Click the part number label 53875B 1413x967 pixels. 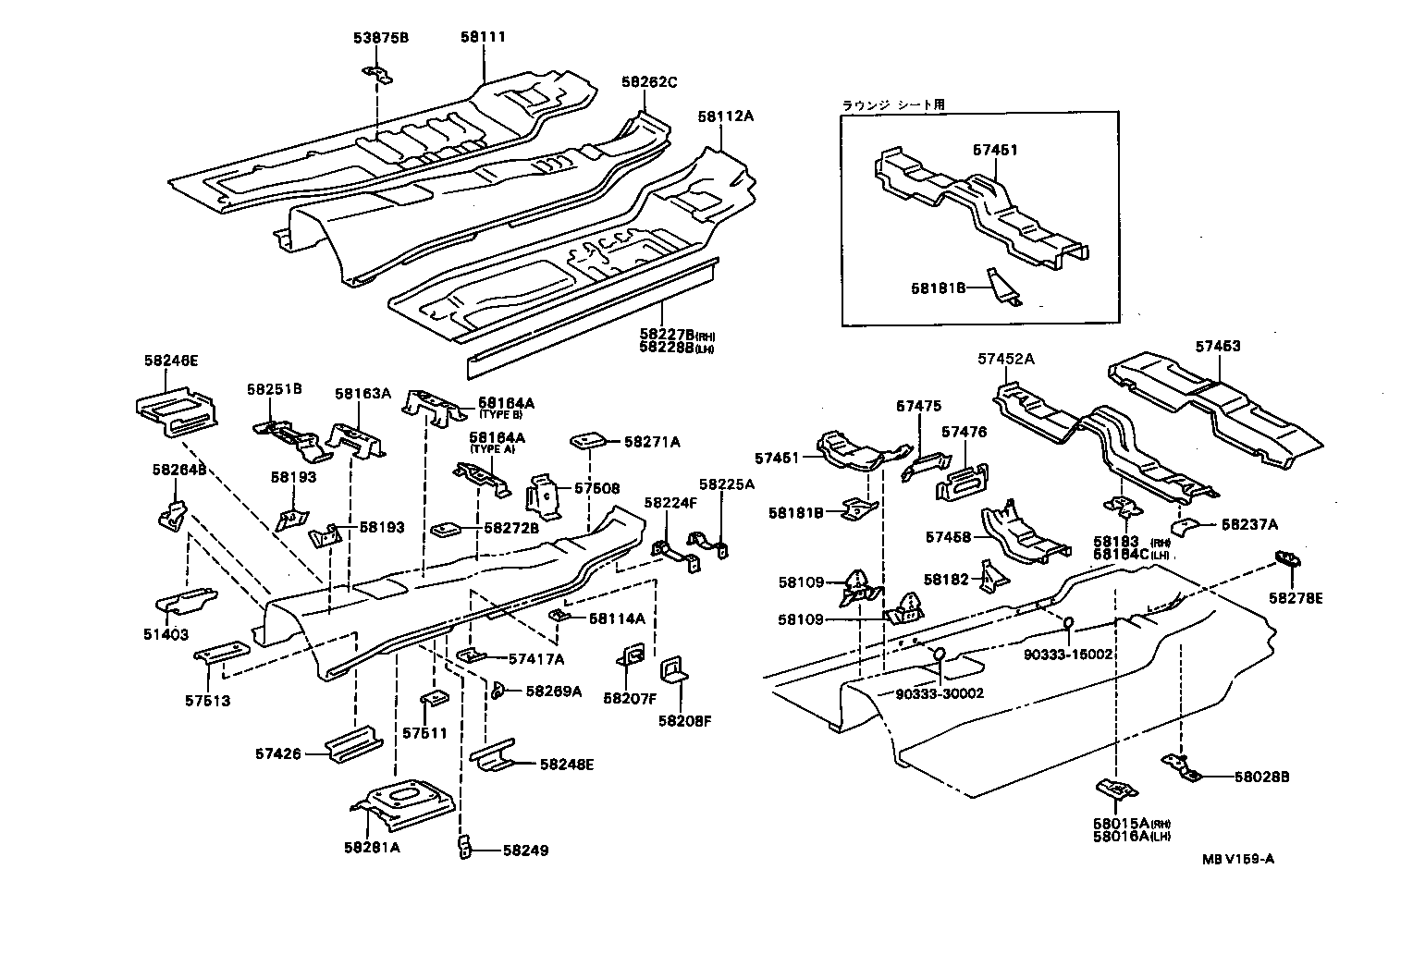tap(380, 38)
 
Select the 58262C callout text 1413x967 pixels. tap(648, 82)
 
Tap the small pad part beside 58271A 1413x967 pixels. tap(588, 440)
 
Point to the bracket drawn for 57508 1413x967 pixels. tap(545, 496)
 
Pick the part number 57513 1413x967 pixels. tap(207, 701)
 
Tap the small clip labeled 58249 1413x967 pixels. tap(465, 847)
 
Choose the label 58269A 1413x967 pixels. tap(553, 691)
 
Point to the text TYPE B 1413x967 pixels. tap(500, 415)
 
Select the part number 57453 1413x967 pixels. tap(1217, 347)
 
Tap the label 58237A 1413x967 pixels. tap(1249, 524)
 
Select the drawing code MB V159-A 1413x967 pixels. tap(1238, 859)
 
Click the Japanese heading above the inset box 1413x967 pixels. tap(892, 105)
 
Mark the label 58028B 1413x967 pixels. tap(1261, 777)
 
